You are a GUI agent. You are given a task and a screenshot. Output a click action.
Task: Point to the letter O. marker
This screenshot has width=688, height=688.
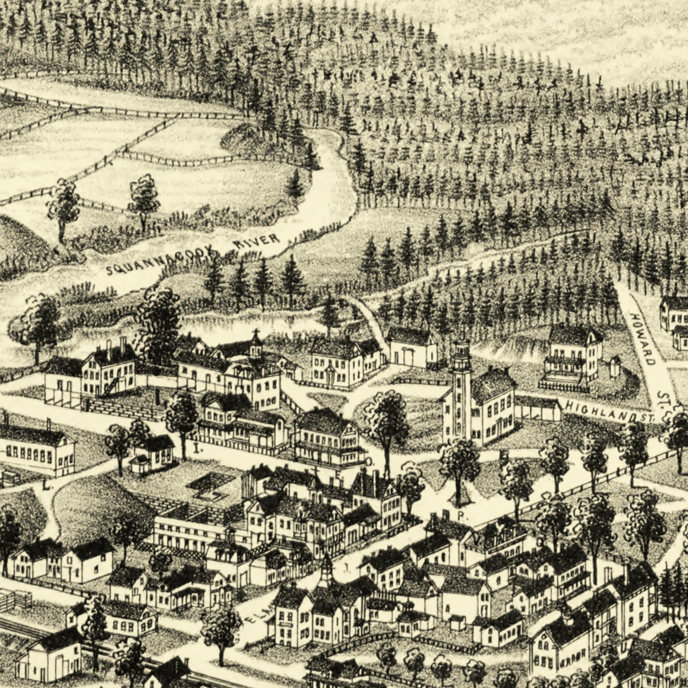click(370, 461)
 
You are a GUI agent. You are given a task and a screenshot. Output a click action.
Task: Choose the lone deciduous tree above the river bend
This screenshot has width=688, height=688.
click(144, 200)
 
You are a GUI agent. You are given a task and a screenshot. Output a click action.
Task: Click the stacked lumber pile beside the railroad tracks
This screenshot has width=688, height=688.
click(16, 599)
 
